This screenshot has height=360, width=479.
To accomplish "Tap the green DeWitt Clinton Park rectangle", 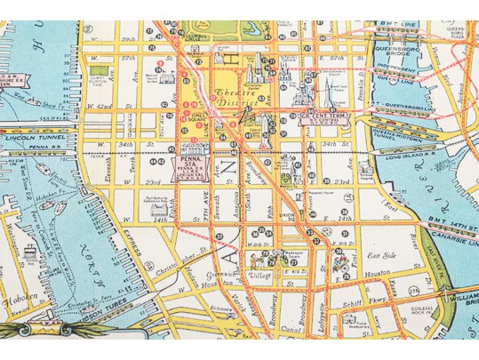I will point(102,68).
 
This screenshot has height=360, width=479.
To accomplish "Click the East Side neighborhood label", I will point(366,254).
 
